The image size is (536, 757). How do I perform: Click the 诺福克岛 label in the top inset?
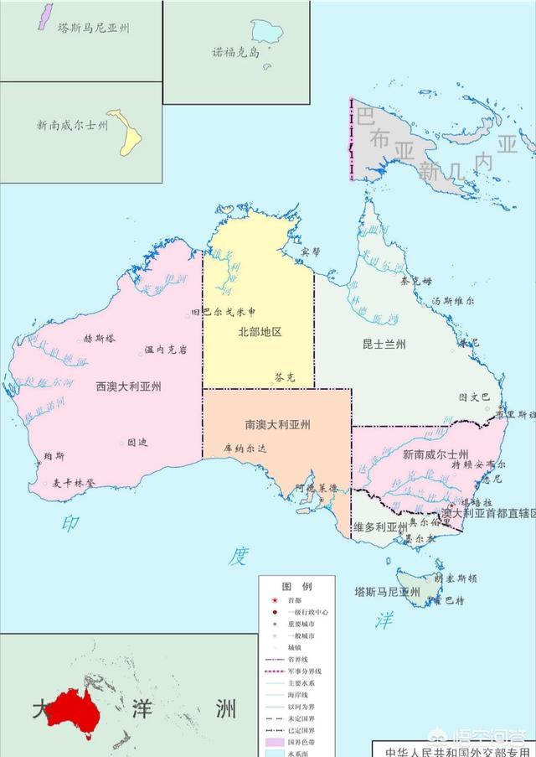[236, 51]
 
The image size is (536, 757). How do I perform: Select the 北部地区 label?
[260, 331]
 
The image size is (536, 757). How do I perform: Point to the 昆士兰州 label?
[384, 345]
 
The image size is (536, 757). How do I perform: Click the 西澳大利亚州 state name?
[129, 386]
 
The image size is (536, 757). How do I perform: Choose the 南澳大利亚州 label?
[277, 425]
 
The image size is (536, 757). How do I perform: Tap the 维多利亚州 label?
[380, 527]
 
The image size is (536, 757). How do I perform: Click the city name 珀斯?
[54, 455]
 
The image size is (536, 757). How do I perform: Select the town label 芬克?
[285, 378]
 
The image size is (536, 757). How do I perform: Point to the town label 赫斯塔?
[100, 339]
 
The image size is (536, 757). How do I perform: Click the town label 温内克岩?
[166, 350]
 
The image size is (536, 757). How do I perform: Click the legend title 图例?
[296, 586]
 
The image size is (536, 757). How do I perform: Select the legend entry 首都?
[296, 600]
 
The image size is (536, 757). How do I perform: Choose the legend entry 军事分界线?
[306, 671]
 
